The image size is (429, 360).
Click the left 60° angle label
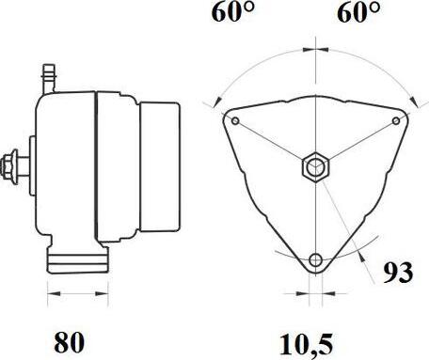coord(233,12)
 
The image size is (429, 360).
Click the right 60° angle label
coord(358,12)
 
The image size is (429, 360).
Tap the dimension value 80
coord(70,342)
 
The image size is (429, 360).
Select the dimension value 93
coord(398,273)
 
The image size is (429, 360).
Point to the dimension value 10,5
coord(306,345)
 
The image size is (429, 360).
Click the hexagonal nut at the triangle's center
coord(315,167)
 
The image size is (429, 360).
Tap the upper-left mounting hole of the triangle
coord(235,121)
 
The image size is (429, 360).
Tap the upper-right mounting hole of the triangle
coord(396,120)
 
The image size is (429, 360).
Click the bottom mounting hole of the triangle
coord(315,259)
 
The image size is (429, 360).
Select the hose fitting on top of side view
coord(49,78)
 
